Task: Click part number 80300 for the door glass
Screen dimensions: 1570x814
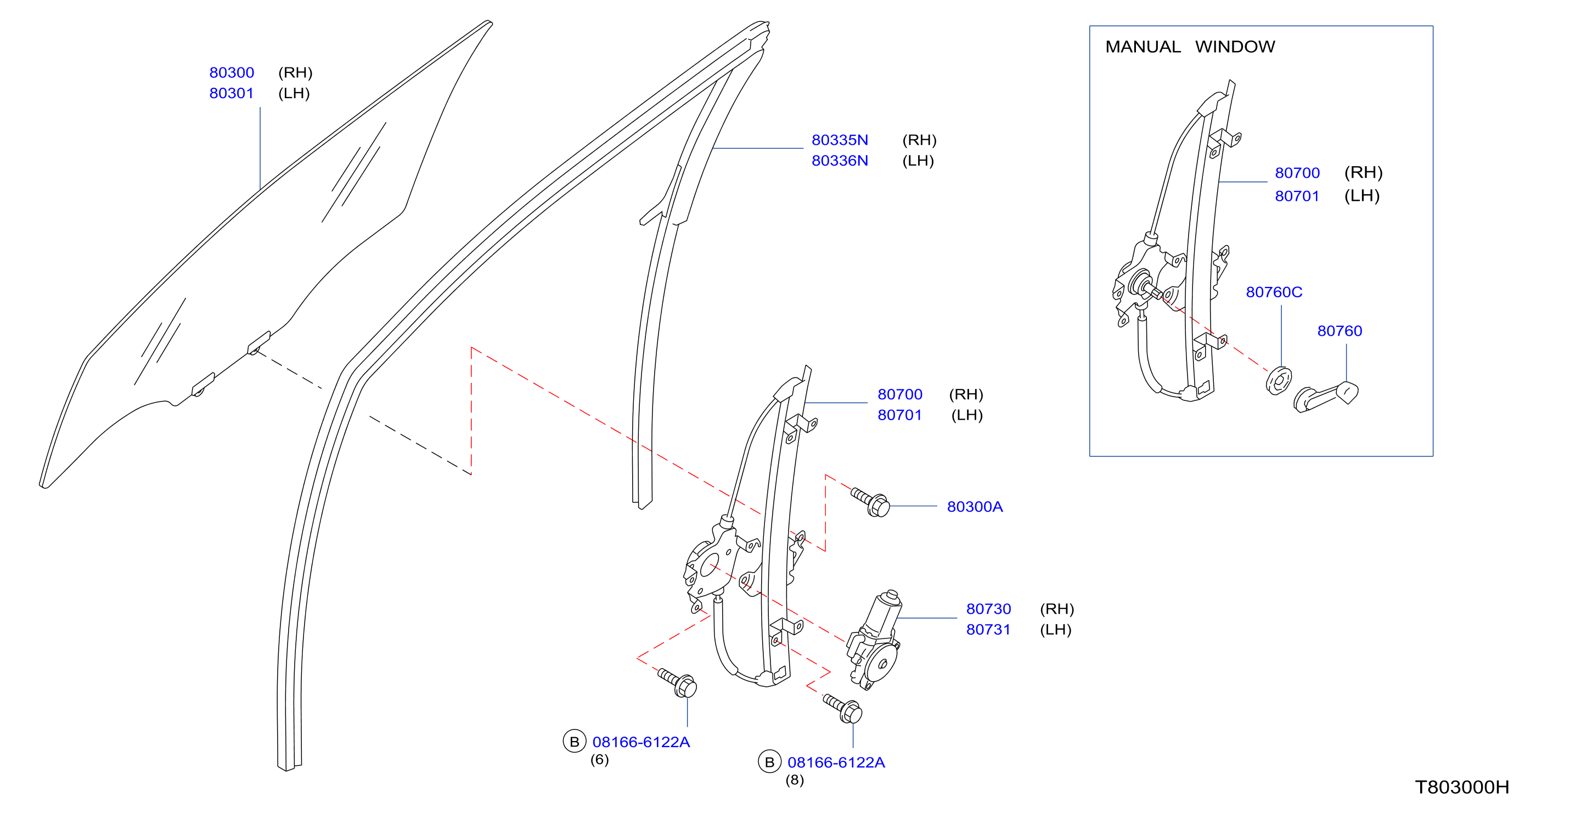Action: coord(232,72)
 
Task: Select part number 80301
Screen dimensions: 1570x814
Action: coord(232,93)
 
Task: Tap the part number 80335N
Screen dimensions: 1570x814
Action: coord(840,140)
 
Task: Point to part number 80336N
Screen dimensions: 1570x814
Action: coord(840,161)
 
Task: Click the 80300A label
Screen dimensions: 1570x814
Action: coord(975,507)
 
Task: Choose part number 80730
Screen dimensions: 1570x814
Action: coord(988,609)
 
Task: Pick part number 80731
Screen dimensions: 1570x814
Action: coord(988,630)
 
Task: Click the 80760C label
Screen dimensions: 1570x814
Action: coord(1274,292)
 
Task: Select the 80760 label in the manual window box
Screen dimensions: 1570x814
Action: coord(1340,331)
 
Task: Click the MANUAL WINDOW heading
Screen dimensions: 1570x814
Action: coord(1190,47)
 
